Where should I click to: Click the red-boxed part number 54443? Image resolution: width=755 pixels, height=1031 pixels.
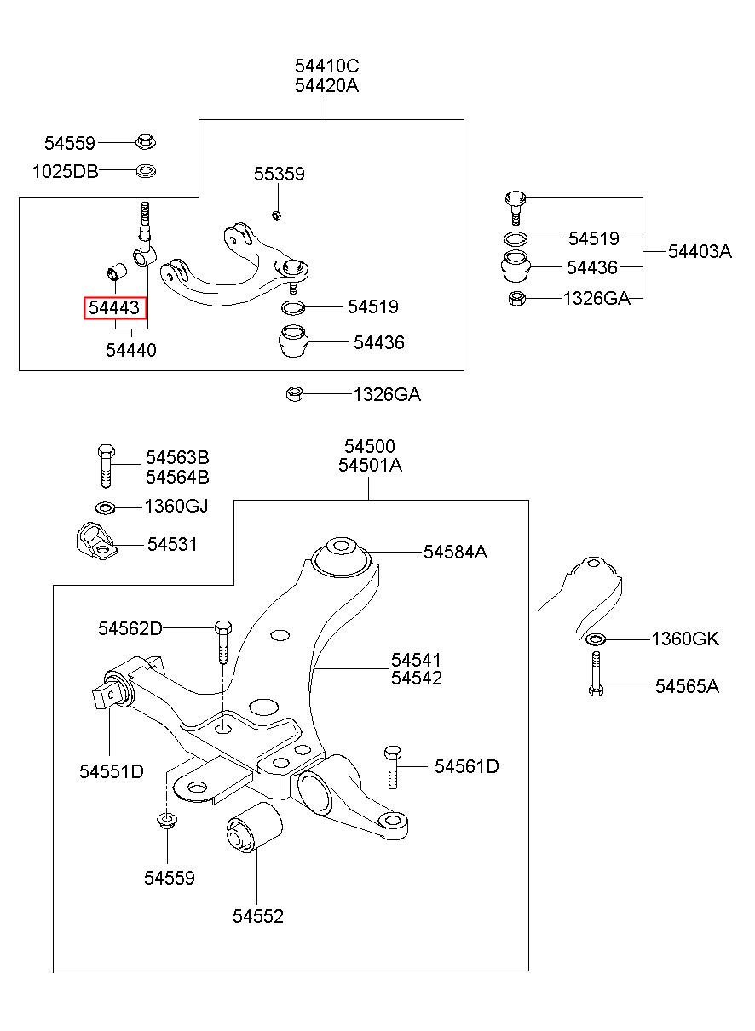[x=114, y=307]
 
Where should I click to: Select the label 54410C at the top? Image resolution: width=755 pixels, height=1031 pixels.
[x=326, y=66]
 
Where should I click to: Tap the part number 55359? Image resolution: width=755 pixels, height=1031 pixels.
[x=280, y=174]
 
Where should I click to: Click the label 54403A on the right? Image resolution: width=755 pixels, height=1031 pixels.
[x=700, y=252]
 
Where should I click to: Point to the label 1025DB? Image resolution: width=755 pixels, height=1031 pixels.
[x=66, y=172]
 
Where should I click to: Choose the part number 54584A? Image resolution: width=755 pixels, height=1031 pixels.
[x=455, y=552]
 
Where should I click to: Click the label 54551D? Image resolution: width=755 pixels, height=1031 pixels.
[x=112, y=771]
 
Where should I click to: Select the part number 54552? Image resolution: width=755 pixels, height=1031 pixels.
[x=258, y=916]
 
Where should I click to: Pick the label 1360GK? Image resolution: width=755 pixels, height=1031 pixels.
[x=685, y=639]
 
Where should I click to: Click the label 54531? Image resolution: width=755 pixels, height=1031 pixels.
[x=172, y=545]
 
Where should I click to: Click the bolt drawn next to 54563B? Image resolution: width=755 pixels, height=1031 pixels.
[x=106, y=466]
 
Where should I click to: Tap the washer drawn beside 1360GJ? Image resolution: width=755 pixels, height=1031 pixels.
[x=105, y=508]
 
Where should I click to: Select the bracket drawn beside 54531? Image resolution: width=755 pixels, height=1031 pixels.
[x=95, y=541]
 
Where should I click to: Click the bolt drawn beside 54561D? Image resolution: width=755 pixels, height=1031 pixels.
[x=392, y=767]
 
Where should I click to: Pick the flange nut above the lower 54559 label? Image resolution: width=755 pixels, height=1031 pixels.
[x=167, y=820]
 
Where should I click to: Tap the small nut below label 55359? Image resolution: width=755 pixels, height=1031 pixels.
[x=276, y=215]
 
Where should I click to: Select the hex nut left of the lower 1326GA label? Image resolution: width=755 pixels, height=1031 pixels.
[x=295, y=394]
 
